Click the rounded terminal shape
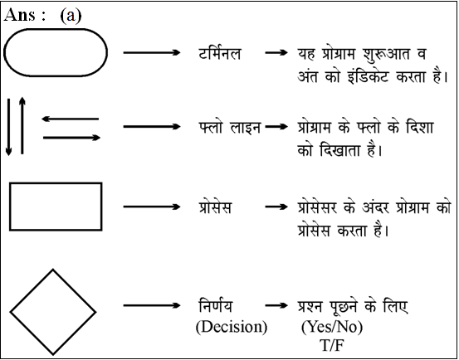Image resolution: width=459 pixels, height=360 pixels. (x=56, y=29)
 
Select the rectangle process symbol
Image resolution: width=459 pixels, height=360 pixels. (x=56, y=183)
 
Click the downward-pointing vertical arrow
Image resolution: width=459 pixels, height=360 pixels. (x=8, y=127)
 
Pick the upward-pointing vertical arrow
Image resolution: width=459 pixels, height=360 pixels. (x=22, y=125)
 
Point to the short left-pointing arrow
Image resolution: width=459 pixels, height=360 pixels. (x=71, y=119)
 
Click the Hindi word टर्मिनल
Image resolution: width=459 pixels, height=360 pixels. (x=220, y=53)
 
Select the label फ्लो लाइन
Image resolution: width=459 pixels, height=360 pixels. (x=230, y=127)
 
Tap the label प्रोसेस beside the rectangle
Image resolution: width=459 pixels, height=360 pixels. (x=215, y=207)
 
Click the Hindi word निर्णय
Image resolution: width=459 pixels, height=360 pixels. (x=216, y=305)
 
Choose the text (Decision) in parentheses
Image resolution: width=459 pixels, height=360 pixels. (x=232, y=327)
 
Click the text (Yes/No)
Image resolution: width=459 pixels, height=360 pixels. (x=332, y=327)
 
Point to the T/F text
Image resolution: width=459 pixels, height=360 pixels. (x=332, y=346)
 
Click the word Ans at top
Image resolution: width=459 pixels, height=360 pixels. (x=21, y=15)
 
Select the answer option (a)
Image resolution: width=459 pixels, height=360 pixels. (x=71, y=15)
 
